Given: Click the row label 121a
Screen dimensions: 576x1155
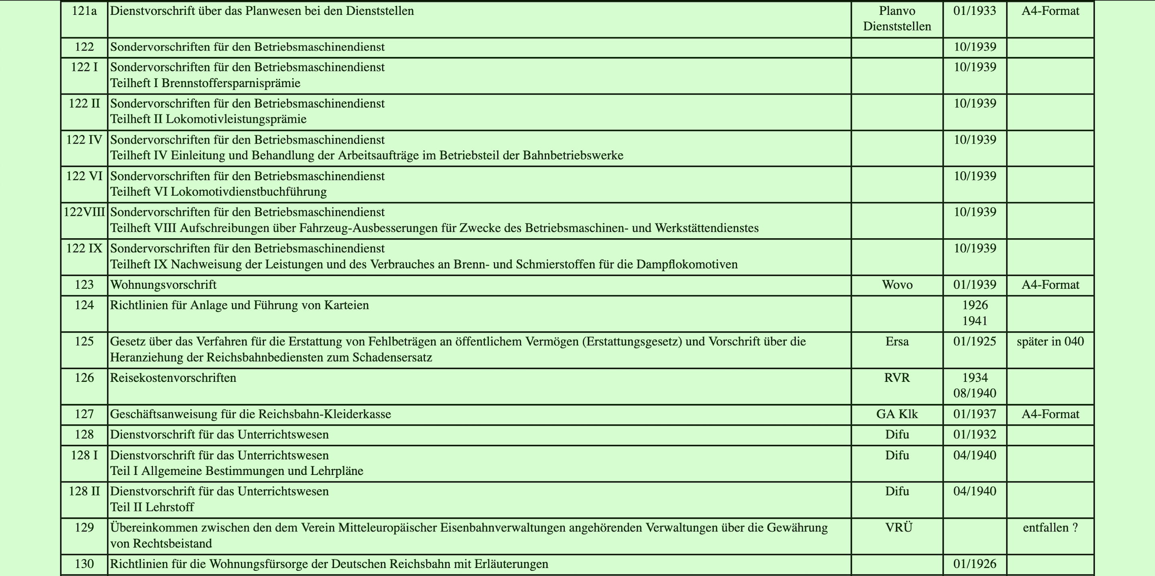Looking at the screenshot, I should click(x=84, y=11).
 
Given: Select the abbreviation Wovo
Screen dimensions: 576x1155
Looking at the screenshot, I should click(x=897, y=285).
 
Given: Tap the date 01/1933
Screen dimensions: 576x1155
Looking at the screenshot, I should click(x=975, y=11).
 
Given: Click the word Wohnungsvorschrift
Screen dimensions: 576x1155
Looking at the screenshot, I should click(x=163, y=285).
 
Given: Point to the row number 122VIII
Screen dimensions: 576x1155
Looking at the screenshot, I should click(x=84, y=212).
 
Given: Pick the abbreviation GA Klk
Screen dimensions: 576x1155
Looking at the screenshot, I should click(x=897, y=414).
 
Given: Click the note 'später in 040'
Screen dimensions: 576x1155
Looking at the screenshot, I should click(x=1050, y=341).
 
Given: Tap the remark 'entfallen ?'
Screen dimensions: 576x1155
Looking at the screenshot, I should click(x=1050, y=527).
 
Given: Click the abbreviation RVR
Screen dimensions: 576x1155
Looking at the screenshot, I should click(x=897, y=378).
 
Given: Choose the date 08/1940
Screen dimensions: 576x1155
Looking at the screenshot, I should click(x=975, y=393).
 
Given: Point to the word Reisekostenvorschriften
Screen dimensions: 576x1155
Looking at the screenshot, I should click(x=173, y=378).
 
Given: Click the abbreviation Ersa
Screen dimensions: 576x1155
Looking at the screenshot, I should click(x=897, y=341).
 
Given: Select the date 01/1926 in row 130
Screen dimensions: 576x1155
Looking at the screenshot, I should click(x=975, y=564).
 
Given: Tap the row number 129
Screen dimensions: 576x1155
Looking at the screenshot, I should click(x=84, y=527).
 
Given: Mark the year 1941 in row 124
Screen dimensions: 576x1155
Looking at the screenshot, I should click(x=975, y=321).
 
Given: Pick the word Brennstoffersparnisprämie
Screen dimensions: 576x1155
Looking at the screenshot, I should click(x=231, y=83).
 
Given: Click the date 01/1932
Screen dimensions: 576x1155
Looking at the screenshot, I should click(x=975, y=434).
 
